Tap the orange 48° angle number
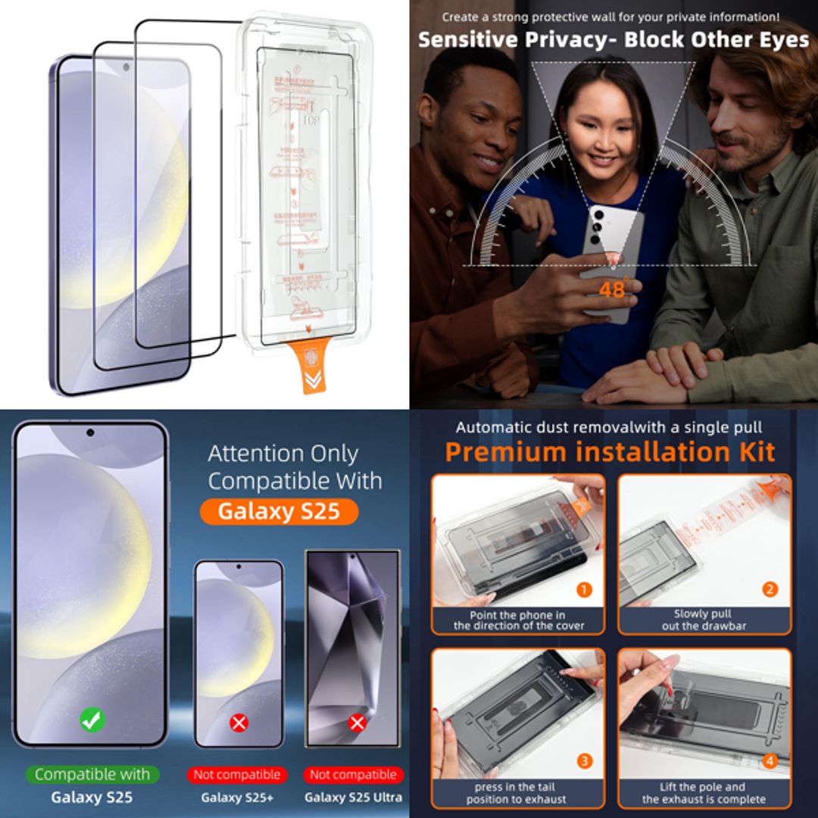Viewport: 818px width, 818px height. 612,289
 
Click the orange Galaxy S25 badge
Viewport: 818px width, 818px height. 279,511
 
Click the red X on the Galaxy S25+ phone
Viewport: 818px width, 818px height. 239,723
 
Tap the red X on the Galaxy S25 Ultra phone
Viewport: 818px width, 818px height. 357,723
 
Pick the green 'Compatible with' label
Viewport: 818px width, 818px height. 92,774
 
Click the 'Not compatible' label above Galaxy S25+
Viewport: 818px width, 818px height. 237,774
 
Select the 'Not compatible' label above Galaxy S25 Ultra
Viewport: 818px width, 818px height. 353,774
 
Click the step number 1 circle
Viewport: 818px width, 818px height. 584,589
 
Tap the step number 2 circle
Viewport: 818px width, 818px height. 770,589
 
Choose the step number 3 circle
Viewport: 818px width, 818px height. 584,760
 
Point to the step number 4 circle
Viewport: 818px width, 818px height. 770,760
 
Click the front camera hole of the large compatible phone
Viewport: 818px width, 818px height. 90,432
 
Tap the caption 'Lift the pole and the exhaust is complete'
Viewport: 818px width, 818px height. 704,793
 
